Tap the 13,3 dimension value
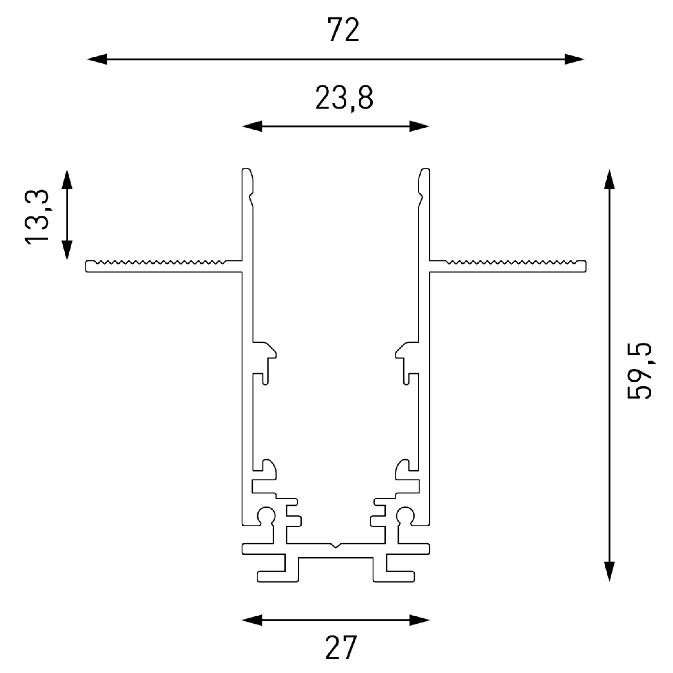click(37, 217)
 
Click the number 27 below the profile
click(341, 647)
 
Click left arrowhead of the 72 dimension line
click(97, 59)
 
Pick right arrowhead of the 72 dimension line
click(574, 59)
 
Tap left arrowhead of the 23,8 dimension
click(252, 126)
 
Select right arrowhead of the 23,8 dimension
click(419, 126)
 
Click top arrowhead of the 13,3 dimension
click(67, 179)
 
